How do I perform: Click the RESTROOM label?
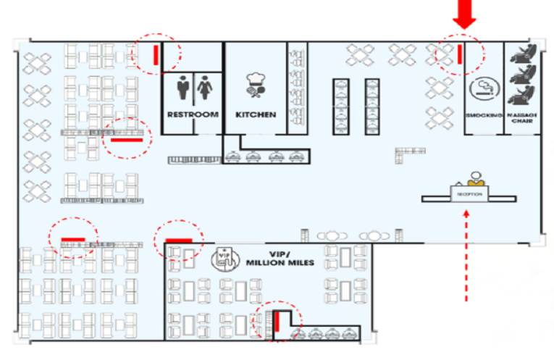193,114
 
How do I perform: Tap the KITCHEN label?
256,114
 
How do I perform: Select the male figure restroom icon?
183,88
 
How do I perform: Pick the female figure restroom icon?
205,88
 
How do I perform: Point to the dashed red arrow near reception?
466,254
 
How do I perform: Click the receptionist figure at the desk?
475,178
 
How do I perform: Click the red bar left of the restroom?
156,54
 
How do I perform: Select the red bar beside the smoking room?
459,54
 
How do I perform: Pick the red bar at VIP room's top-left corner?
178,240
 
